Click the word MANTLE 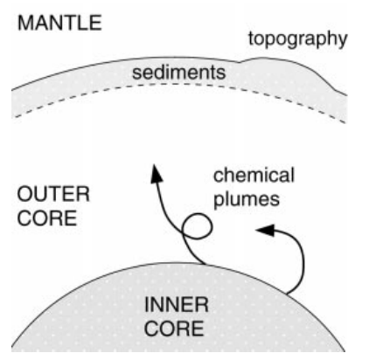point(59,24)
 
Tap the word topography point(297,39)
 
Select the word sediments point(178,73)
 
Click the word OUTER point(53,194)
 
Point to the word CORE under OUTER point(47,218)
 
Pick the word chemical point(254,176)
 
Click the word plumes point(247,200)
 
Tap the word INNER point(177,305)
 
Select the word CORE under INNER point(174,329)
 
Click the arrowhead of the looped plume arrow point(157,174)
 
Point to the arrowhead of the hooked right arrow point(265,230)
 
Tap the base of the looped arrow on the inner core point(205,264)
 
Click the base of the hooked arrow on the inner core point(287,294)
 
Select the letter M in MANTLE point(24,24)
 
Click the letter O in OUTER point(24,194)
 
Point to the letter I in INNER point(146,305)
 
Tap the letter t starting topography point(251,38)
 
